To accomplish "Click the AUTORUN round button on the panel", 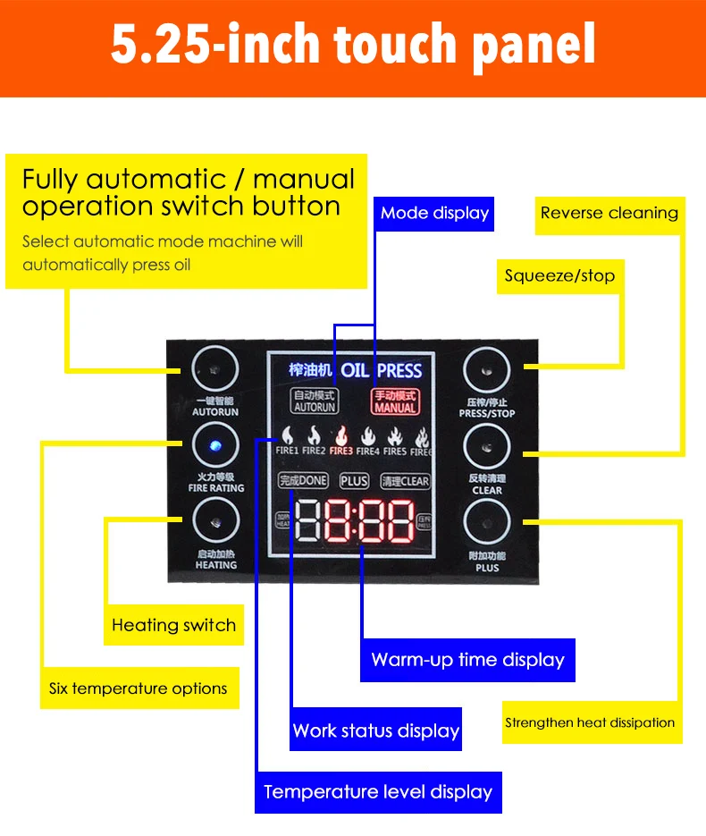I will [x=214, y=368].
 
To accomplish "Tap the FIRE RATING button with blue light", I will [x=214, y=445].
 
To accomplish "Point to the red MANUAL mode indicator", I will [x=396, y=401].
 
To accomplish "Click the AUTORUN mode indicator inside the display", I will [x=315, y=401].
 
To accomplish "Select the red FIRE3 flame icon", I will [x=341, y=439].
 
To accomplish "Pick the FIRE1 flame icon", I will [x=287, y=439].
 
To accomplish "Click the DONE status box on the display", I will [x=303, y=481].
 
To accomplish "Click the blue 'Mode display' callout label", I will [x=434, y=213].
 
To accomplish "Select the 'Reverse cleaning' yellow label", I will [x=609, y=213].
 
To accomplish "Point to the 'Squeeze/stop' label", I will [x=559, y=275].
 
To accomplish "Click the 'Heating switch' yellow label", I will [x=173, y=625].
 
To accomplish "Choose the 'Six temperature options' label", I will [x=139, y=688].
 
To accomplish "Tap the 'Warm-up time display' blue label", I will [x=468, y=660].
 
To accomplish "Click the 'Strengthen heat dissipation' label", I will [x=590, y=722].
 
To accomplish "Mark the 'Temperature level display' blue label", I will [x=378, y=791].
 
